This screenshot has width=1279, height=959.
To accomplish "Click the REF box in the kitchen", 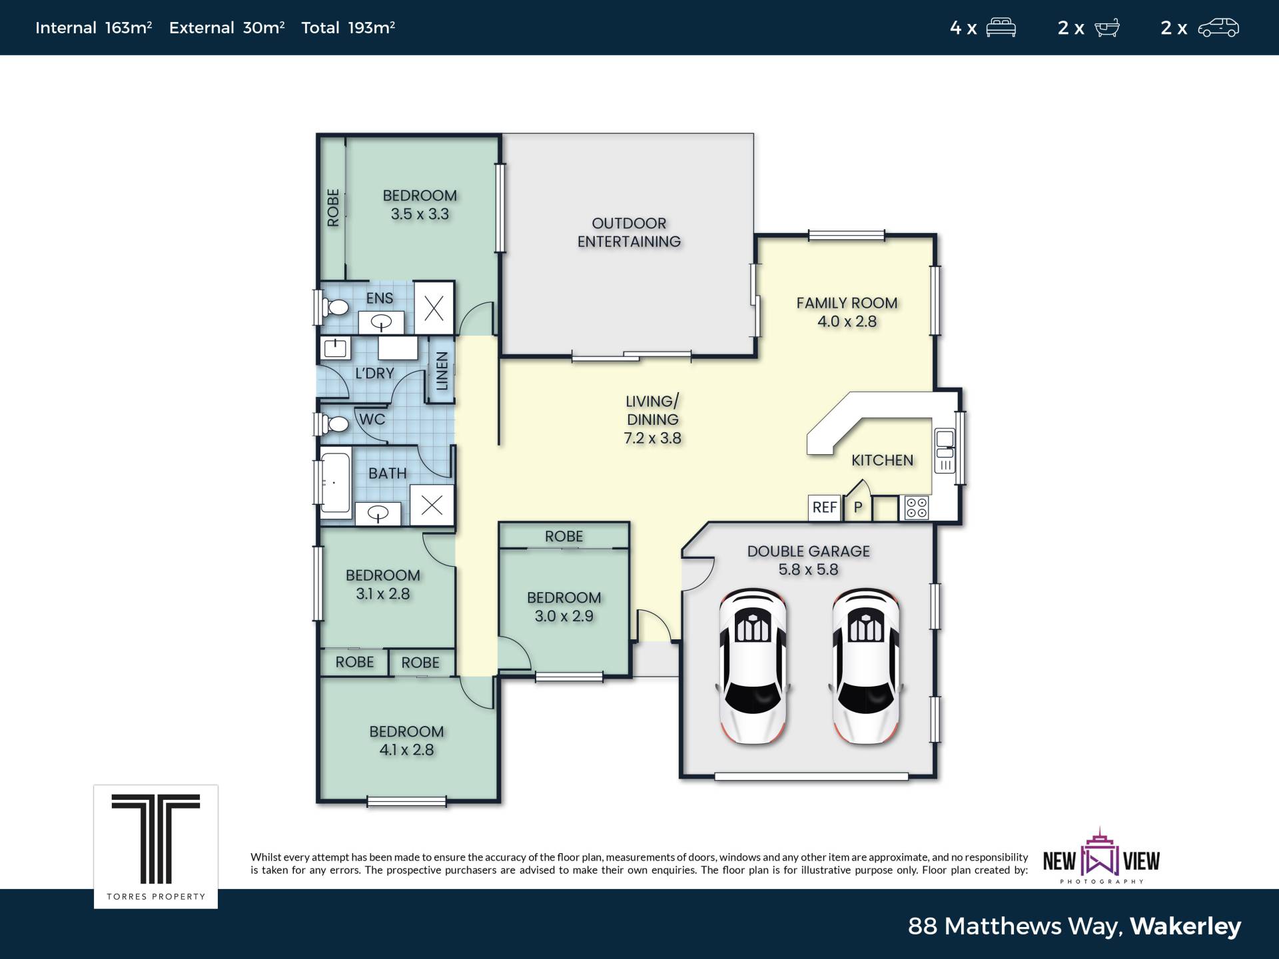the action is click(825, 507).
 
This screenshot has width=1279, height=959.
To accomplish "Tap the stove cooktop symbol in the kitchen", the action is click(917, 507).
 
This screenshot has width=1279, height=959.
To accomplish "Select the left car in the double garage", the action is click(753, 666).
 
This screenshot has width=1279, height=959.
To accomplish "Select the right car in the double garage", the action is click(866, 666).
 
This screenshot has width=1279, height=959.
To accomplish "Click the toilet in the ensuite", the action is click(334, 307).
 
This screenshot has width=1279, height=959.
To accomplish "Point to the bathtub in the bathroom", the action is click(335, 483).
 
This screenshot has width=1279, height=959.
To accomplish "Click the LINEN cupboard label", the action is click(442, 371).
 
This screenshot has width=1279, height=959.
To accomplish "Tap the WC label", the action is click(372, 420).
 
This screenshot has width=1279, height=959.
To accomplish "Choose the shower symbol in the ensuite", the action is click(434, 308).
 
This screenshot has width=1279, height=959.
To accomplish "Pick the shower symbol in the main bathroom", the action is click(432, 505).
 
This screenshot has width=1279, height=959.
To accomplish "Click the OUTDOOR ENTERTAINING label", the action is click(629, 232).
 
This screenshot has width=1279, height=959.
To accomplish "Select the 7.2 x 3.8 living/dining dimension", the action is click(653, 438).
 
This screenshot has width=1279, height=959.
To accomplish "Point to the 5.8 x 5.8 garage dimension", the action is click(808, 569).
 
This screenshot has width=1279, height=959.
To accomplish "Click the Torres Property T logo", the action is click(156, 838).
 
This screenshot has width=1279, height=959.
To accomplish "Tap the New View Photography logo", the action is click(1101, 856).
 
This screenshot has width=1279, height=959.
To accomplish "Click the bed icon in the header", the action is click(1001, 28).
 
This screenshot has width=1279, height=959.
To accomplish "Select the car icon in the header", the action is click(1218, 28).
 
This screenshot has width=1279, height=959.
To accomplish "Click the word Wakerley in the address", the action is click(1186, 926).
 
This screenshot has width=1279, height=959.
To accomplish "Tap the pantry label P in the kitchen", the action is click(858, 507).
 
